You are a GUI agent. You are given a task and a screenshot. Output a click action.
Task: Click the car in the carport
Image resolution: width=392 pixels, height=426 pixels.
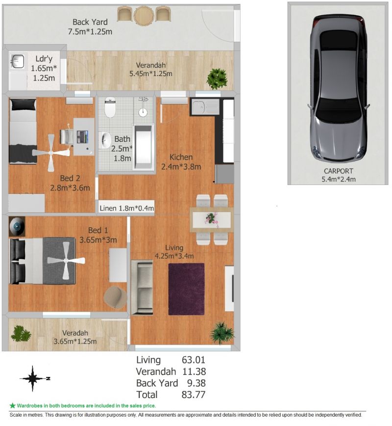pos(338,88)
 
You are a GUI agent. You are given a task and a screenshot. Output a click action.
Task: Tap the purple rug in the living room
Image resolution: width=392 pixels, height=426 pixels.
pos(186,289)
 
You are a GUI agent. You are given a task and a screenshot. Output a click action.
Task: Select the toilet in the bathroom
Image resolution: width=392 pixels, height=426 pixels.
pos(110,107)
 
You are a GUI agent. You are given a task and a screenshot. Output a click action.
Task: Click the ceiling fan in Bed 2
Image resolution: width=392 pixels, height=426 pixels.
pos(51,153)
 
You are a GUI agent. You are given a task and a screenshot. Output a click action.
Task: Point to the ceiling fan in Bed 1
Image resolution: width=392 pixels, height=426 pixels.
pos(66,261)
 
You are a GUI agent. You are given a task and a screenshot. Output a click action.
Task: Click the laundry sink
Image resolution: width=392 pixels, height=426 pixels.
pos(18,61)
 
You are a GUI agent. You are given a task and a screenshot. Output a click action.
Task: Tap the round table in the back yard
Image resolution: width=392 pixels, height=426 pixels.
pos(144,16)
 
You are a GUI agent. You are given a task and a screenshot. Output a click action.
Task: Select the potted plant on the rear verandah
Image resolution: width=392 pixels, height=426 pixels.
pos(217,79)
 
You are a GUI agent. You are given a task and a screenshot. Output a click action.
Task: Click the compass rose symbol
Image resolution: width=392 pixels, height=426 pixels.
pos(33,378)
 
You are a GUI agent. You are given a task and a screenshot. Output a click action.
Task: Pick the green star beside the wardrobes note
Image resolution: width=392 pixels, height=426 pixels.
pos(12,405)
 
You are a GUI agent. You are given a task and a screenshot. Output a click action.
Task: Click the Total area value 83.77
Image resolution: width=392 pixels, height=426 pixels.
pos(194,395)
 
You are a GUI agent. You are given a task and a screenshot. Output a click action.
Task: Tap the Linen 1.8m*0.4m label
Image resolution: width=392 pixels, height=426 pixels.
pos(127,209)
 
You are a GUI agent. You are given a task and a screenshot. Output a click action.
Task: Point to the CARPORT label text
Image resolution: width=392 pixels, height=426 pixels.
pos(338,171)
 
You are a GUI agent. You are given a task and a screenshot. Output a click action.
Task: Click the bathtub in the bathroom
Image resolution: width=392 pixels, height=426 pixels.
pos(144,148)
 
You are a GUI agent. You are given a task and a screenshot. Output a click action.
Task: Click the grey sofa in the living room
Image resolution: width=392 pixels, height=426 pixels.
pos(142,287)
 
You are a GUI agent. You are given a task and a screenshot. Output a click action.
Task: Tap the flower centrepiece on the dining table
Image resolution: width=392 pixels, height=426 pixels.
pos(212,219)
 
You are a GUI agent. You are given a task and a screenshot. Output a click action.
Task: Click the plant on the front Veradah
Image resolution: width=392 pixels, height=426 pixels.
pos(21,334)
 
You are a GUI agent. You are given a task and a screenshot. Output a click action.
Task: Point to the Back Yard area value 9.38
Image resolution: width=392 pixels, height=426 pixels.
pos(196,383)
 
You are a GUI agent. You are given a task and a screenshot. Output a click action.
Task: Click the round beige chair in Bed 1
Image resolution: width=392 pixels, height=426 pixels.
pos(115,297)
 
